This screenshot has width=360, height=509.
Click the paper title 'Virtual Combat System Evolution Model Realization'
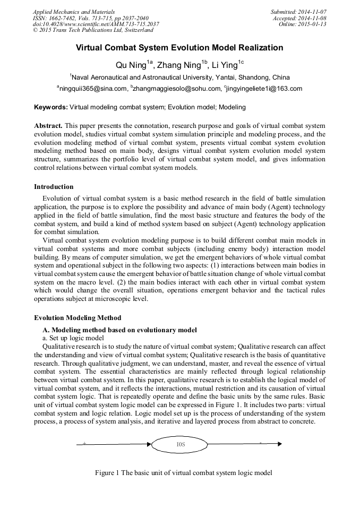click(x=179, y=48)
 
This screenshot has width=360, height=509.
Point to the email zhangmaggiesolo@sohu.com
click(x=175, y=89)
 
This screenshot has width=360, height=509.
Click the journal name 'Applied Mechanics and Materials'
click(x=74, y=11)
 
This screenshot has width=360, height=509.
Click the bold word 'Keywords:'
click(x=51, y=107)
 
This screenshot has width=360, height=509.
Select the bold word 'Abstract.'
click(x=48, y=126)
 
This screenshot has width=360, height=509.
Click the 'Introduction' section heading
click(x=54, y=187)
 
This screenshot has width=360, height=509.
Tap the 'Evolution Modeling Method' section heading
click(x=78, y=318)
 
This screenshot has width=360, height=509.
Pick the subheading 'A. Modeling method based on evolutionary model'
click(x=119, y=330)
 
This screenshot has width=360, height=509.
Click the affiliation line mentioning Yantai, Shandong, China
click(x=179, y=77)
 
